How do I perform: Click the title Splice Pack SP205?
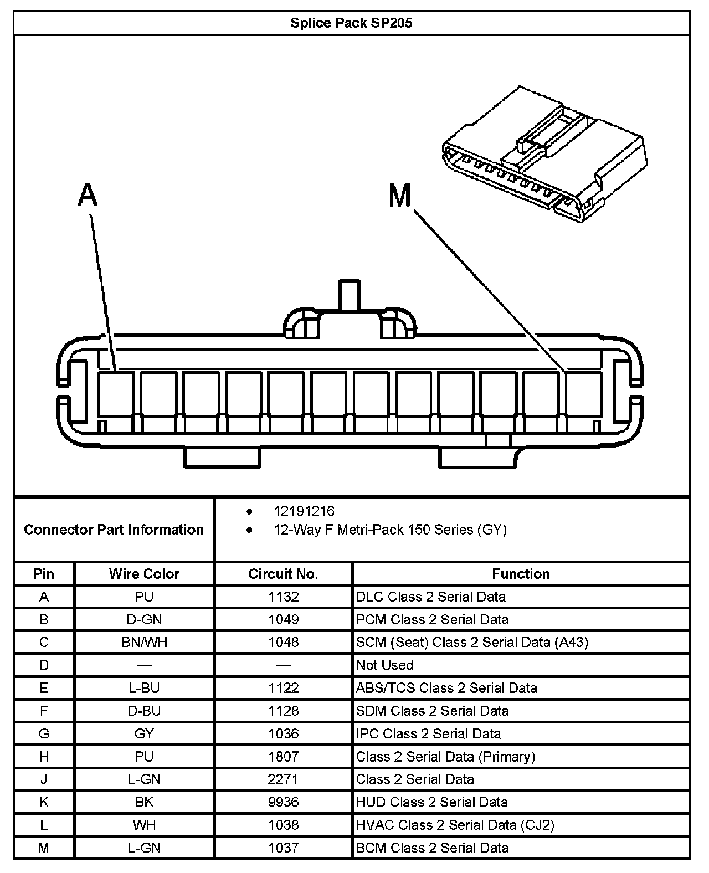(x=351, y=23)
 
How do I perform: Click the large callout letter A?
(x=88, y=195)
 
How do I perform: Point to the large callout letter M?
(x=400, y=195)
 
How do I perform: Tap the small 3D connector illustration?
(x=543, y=155)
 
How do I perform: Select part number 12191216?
(x=304, y=511)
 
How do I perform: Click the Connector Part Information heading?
(x=114, y=530)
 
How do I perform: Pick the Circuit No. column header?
(x=283, y=574)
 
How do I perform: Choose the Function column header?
(x=521, y=574)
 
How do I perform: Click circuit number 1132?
(x=283, y=597)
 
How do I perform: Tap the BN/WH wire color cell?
(x=144, y=643)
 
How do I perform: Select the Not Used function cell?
(x=384, y=665)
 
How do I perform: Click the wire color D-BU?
(x=144, y=711)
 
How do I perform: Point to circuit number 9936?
(x=283, y=802)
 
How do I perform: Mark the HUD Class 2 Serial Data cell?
(x=431, y=802)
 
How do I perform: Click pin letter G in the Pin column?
(x=44, y=734)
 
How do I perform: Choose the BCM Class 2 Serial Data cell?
(x=432, y=848)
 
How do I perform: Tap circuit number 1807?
(x=283, y=757)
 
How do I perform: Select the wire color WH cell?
(x=144, y=825)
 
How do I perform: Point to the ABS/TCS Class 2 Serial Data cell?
(x=446, y=688)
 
